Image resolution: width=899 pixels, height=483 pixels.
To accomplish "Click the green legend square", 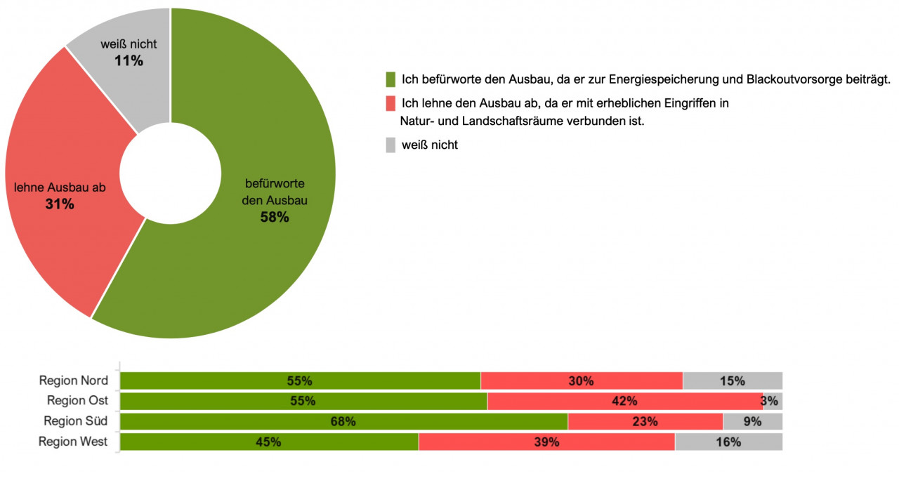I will point(391,79).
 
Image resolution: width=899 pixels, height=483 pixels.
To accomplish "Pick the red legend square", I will point(391,104).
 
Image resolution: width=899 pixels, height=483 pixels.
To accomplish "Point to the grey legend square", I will point(391,145).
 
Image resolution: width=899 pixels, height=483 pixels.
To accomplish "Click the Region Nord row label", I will point(74,381).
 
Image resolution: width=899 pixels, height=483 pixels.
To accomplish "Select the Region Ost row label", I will point(77,401).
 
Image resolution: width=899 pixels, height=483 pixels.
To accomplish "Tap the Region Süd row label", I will point(76,421).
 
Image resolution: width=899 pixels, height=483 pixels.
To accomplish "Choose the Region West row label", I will point(73,442).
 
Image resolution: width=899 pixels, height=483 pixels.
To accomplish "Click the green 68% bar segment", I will point(344,421).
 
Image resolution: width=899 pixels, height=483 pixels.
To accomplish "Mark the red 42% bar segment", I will point(624,401).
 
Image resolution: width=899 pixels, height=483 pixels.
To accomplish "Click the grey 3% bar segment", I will point(773,401).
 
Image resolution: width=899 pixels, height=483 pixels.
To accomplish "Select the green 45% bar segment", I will point(269,442).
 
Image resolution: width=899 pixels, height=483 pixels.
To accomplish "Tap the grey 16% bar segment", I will point(728,442).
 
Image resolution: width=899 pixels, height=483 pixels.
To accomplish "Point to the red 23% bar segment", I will point(645,421).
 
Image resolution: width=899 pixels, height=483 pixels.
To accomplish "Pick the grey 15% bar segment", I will point(732,381).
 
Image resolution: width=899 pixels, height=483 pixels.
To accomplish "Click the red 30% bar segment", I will point(582,381).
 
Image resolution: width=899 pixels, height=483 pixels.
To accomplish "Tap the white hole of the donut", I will point(170,173).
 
